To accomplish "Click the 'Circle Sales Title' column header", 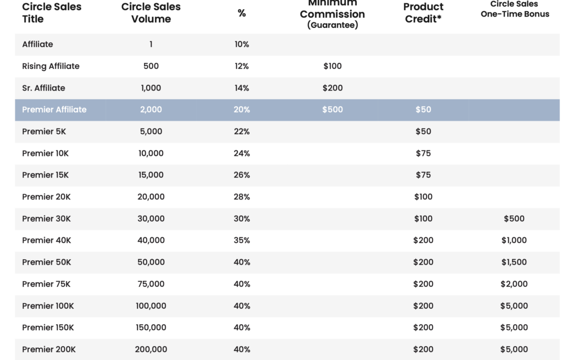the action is click(52, 13).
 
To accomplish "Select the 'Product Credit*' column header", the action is click(423, 13).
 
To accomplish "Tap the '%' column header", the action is click(242, 13).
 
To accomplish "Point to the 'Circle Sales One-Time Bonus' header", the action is click(515, 9).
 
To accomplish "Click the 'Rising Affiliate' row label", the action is click(51, 66).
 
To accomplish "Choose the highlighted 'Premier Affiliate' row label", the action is click(54, 109).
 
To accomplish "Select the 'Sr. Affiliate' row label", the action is click(43, 88).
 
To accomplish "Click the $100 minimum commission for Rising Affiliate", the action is click(332, 66).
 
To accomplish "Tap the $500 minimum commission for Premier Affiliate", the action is click(332, 109).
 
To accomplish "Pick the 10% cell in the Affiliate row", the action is click(242, 44).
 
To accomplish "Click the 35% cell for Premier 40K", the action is click(242, 240).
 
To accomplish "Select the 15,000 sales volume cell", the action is click(151, 175).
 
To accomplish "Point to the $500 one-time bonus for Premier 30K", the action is click(514, 219).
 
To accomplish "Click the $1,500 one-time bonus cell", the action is click(514, 262).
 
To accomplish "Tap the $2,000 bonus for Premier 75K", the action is click(514, 284).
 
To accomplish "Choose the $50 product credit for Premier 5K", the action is click(423, 132).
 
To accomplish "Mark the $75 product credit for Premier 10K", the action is click(423, 153).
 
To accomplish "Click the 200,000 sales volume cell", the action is click(151, 349).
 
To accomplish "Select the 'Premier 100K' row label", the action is click(48, 306).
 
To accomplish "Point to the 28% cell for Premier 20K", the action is click(242, 197).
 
